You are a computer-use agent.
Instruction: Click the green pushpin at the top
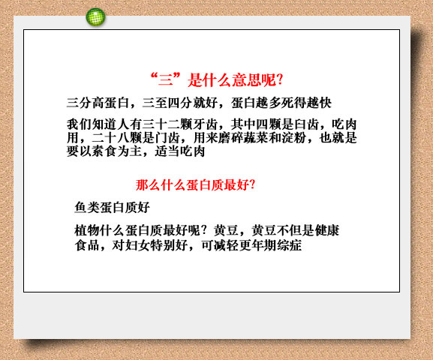tap(95, 17)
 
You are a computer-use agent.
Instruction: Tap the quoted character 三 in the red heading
tap(165, 80)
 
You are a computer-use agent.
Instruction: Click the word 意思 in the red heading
tap(246, 80)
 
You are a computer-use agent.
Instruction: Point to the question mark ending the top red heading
tap(280, 79)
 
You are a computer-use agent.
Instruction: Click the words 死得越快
tap(306, 103)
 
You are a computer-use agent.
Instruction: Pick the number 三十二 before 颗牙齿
tap(161, 124)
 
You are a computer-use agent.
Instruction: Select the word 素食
tap(104, 151)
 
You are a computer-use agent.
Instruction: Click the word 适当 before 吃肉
tap(167, 151)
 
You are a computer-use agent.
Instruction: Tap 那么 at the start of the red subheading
tap(148, 184)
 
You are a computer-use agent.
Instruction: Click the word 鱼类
tap(87, 208)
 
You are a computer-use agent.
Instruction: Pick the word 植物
tap(87, 230)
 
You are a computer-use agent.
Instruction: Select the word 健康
tap(327, 230)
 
